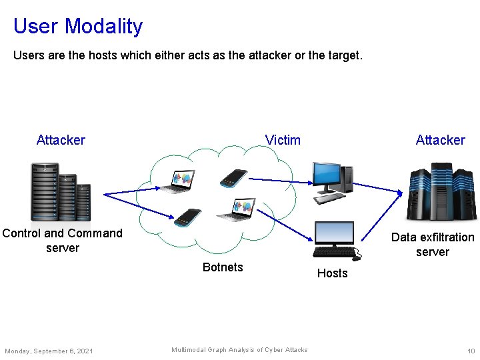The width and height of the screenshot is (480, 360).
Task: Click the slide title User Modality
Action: [78, 26]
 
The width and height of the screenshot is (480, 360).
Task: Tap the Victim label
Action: [283, 140]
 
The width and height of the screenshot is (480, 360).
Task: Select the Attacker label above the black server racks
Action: [61, 140]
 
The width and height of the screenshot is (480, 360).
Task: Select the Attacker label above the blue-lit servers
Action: [440, 140]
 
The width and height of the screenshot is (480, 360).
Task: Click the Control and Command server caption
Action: [63, 241]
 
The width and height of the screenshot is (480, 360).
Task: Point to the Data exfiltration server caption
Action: [433, 245]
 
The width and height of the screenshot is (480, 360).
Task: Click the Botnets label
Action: [223, 267]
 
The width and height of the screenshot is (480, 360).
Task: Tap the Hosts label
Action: [332, 273]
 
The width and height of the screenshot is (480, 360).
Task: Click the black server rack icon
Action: [60, 192]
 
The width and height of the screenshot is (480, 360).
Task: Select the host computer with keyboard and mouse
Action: [336, 241]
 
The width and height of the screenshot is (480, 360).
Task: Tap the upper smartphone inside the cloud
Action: [234, 177]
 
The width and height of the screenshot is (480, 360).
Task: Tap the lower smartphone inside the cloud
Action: [187, 217]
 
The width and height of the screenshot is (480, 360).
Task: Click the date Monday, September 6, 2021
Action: [49, 351]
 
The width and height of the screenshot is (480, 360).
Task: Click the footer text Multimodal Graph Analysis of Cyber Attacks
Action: [239, 350]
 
